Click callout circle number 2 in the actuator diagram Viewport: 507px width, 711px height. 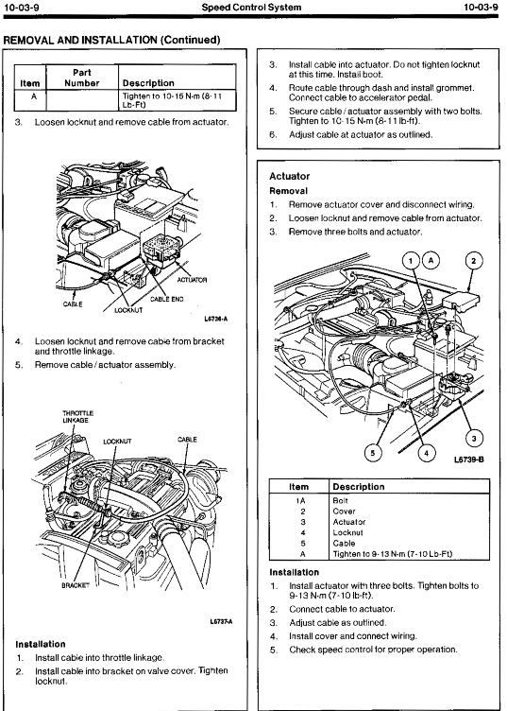[x=474, y=261]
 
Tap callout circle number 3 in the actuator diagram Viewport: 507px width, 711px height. [x=474, y=439]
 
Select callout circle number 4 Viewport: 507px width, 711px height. [x=427, y=452]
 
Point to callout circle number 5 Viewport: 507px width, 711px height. [x=373, y=452]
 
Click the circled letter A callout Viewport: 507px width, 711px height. [x=431, y=261]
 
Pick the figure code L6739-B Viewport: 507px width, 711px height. [x=469, y=460]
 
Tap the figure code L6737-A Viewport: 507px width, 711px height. [x=221, y=621]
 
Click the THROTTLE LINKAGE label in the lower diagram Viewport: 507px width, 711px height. [x=77, y=417]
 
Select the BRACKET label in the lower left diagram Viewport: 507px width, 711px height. [x=76, y=585]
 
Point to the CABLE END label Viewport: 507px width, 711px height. [x=166, y=299]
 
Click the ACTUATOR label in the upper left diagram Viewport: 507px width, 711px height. [x=192, y=280]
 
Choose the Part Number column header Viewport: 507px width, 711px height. [x=82, y=78]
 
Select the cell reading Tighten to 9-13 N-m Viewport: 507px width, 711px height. [x=393, y=554]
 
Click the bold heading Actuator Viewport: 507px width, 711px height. [x=289, y=176]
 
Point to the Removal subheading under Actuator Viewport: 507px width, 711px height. [x=288, y=191]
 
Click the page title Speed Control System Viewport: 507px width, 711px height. [x=251, y=7]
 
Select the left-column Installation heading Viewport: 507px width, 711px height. [x=41, y=644]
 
